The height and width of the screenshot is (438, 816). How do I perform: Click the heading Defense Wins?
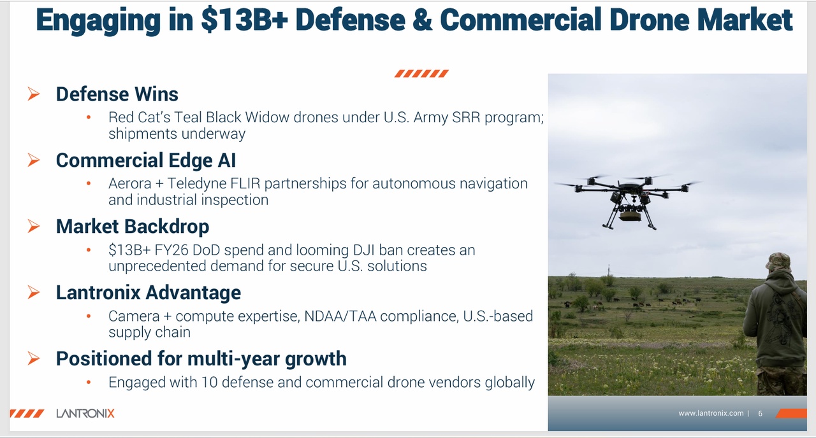click(x=117, y=94)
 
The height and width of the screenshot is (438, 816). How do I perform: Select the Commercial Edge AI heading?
click(x=146, y=160)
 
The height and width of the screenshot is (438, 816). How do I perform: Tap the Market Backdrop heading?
click(x=133, y=226)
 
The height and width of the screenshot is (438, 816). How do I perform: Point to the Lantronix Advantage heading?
click(x=149, y=292)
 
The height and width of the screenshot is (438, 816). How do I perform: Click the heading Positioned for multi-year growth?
click(x=201, y=358)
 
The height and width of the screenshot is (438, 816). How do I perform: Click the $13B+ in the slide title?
click(x=244, y=20)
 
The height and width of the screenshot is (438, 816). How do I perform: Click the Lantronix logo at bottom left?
click(x=85, y=413)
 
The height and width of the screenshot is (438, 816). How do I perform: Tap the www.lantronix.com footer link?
click(x=711, y=413)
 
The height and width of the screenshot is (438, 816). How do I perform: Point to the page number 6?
click(x=761, y=414)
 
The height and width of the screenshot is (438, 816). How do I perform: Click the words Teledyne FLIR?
click(x=214, y=184)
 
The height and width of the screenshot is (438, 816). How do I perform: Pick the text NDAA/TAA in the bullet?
click(x=340, y=316)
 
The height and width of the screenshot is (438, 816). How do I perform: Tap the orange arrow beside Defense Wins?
click(x=34, y=94)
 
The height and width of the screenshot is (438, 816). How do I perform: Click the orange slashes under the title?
click(x=421, y=73)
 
